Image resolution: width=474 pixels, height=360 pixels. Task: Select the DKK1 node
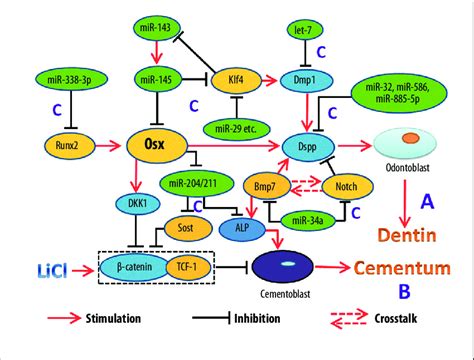[x=139, y=201]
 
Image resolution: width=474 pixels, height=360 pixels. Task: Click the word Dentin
[x=421, y=236]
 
